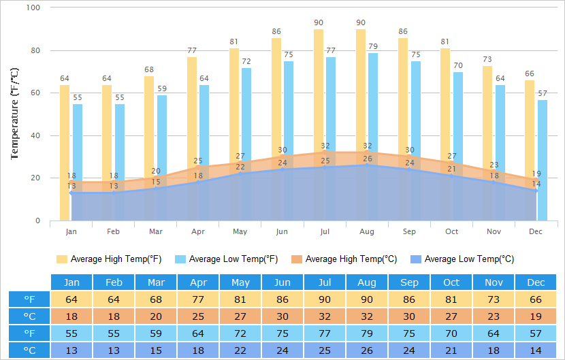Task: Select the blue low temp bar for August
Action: pyautogui.click(x=373, y=109)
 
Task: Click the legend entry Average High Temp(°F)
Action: pyautogui.click(x=109, y=259)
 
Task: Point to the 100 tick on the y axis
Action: pyautogui.click(x=33, y=7)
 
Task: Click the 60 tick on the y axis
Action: pyautogui.click(x=35, y=93)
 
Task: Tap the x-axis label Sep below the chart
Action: pyautogui.click(x=409, y=232)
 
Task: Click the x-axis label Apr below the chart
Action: pyautogui.click(x=198, y=232)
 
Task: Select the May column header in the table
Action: pyautogui.click(x=240, y=282)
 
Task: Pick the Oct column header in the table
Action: pyautogui.click(x=451, y=282)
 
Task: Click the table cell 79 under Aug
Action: pyautogui.click(x=367, y=333)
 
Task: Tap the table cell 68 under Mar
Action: pyautogui.click(x=156, y=299)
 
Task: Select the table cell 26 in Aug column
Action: pyautogui.click(x=367, y=350)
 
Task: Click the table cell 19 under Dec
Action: pyautogui.click(x=536, y=316)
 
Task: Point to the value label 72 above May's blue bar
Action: pyautogui.click(x=247, y=62)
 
